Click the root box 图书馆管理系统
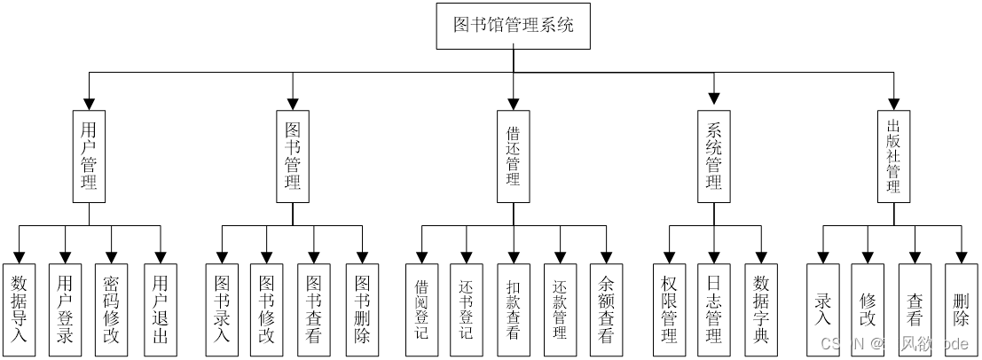513,25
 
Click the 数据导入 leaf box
19,310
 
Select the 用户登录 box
65,310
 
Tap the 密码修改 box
111,310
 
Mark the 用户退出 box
160,310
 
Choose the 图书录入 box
222,310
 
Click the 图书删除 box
362,310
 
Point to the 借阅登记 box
421,310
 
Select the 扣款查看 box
513,310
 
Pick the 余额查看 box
606,310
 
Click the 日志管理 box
714,310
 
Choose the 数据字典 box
761,310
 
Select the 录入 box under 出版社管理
822,310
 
